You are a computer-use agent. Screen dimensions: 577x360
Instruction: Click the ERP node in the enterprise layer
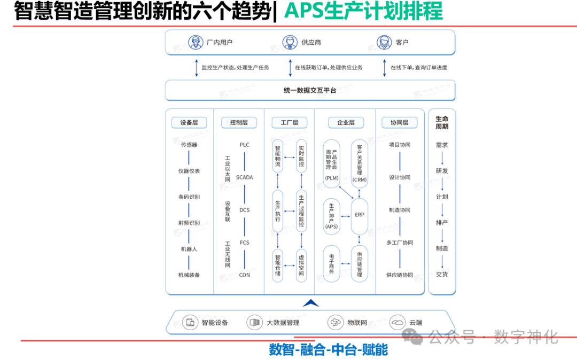pyautogui.click(x=360, y=215)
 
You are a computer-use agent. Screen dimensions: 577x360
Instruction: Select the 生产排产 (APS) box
pyautogui.click(x=331, y=215)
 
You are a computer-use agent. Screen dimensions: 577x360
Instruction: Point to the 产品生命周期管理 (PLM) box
pyautogui.click(x=331, y=163)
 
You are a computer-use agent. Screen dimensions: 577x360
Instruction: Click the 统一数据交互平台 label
pyautogui.click(x=310, y=90)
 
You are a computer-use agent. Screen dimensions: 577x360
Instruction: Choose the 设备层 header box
pyautogui.click(x=189, y=122)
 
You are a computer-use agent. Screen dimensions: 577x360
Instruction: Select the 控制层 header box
pyautogui.click(x=239, y=122)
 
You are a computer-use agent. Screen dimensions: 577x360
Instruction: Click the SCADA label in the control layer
pyautogui.click(x=244, y=177)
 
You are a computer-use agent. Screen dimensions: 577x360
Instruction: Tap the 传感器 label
pyautogui.click(x=189, y=145)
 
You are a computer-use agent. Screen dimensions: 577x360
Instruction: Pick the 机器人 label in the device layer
pyautogui.click(x=189, y=249)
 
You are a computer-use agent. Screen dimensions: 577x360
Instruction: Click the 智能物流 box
pyautogui.click(x=277, y=156)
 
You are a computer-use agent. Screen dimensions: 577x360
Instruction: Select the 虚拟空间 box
pyautogui.click(x=301, y=265)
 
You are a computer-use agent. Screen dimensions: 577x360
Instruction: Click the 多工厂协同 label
pyautogui.click(x=400, y=242)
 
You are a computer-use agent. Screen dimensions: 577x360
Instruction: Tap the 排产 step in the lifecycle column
pyautogui.click(x=442, y=223)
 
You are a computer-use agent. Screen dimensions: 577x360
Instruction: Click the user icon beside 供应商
pyautogui.click(x=290, y=42)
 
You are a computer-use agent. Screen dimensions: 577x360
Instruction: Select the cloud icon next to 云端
pyautogui.click(x=397, y=322)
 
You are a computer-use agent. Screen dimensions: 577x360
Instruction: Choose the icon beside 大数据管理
pyautogui.click(x=254, y=322)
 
